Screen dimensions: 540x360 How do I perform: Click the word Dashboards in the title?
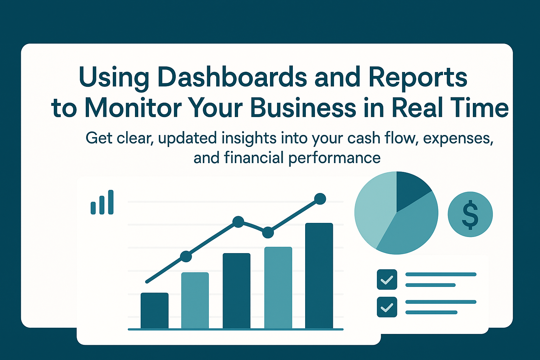coord(232,77)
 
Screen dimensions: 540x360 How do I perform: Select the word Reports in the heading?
coord(418,79)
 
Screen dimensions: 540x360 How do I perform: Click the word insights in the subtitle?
coord(249,139)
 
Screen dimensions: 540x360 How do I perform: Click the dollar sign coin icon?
coord(470,214)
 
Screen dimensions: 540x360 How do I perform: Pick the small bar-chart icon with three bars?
coord(102,202)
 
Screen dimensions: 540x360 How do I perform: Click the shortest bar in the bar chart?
coord(155,310)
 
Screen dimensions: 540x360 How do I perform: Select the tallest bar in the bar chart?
coord(319,276)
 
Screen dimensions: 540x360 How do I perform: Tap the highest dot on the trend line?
coord(320,199)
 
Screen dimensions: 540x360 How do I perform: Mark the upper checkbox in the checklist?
coord(387,279)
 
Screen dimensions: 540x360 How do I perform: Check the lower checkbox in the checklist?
coord(387,307)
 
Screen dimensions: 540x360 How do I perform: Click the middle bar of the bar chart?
coord(237,291)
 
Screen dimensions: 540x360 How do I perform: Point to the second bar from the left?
coord(195,301)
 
